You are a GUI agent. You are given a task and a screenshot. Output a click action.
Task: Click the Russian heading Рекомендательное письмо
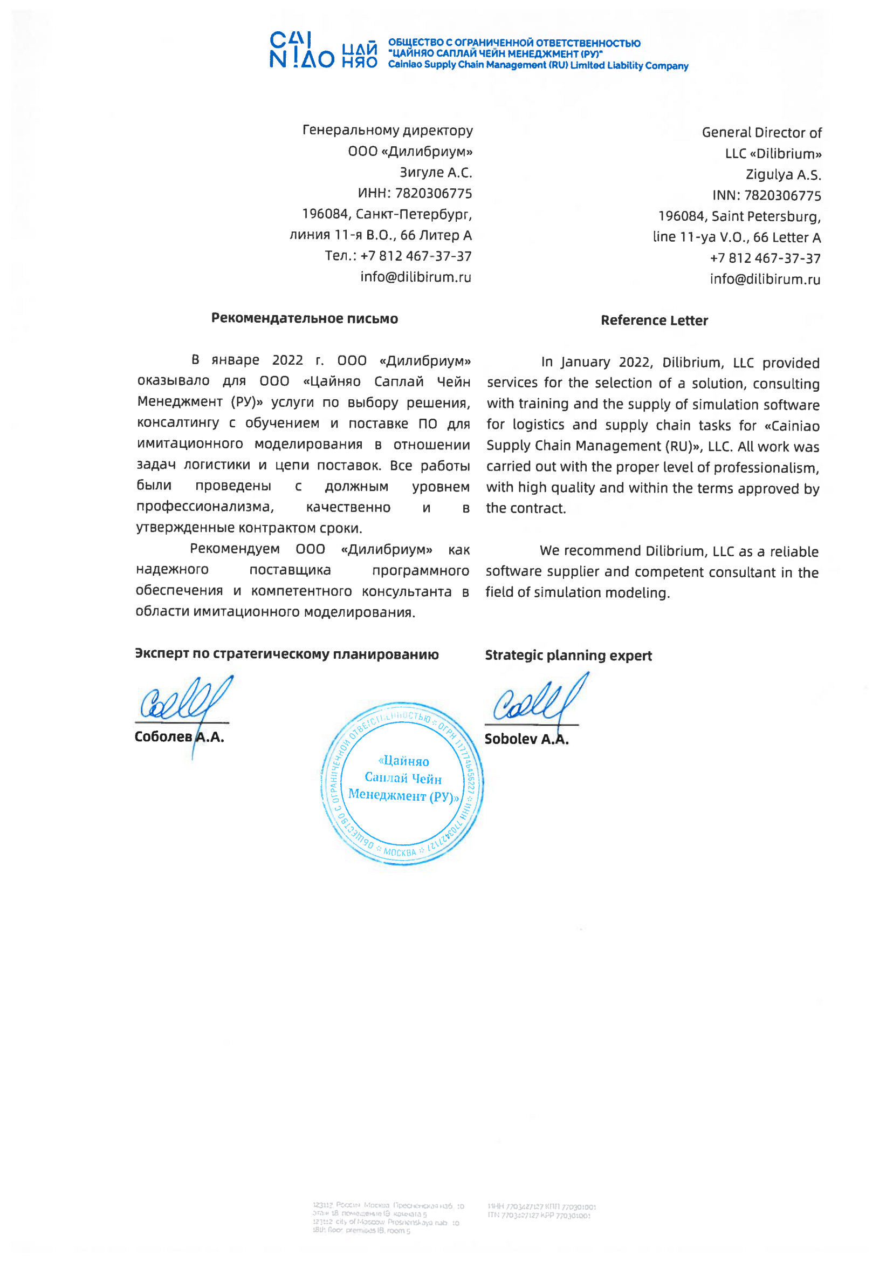[x=305, y=318]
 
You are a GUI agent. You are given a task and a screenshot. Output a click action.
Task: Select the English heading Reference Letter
[x=654, y=320]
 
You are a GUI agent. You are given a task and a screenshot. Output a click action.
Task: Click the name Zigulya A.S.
[x=783, y=175]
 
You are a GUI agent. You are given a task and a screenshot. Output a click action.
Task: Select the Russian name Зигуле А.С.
[x=436, y=173]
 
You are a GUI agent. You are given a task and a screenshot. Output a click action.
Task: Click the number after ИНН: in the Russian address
[x=434, y=194]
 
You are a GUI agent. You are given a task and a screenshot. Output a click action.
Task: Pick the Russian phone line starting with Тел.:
[x=397, y=256]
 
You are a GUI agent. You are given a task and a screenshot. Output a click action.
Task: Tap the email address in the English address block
[x=765, y=279]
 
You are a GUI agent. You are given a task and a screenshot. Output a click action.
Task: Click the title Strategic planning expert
[x=568, y=655]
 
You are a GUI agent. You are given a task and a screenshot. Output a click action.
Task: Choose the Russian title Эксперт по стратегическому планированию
[x=286, y=653]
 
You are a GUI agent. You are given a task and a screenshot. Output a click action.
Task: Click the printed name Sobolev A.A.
[x=526, y=739]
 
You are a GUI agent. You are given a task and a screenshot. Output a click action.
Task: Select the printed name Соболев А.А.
[x=179, y=736]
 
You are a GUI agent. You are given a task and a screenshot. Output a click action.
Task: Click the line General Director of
[x=761, y=133]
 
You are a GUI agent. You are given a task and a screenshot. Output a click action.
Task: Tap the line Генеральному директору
[x=387, y=131]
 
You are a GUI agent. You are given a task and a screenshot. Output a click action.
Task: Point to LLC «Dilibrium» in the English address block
[x=773, y=153]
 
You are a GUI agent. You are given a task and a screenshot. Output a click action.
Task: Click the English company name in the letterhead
[x=538, y=65]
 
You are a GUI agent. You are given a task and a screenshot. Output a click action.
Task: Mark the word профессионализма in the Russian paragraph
[x=204, y=507]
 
